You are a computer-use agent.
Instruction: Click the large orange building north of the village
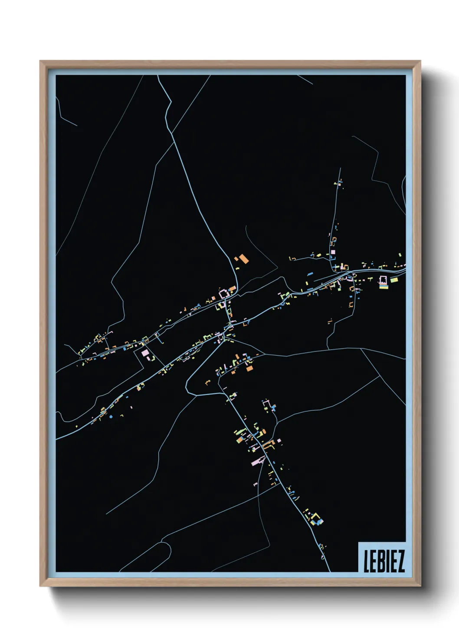tap(244, 259)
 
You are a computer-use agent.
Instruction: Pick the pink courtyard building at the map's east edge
tap(383, 280)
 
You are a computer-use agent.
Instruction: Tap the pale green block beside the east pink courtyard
tap(394, 280)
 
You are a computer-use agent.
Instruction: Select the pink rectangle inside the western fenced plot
tap(145, 353)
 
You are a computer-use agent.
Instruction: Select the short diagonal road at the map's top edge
tap(305, 80)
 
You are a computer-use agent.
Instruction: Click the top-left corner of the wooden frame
tap(40, 61)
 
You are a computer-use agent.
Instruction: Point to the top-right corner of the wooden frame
tap(420, 61)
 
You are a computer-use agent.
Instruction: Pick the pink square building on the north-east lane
tap(333, 252)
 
